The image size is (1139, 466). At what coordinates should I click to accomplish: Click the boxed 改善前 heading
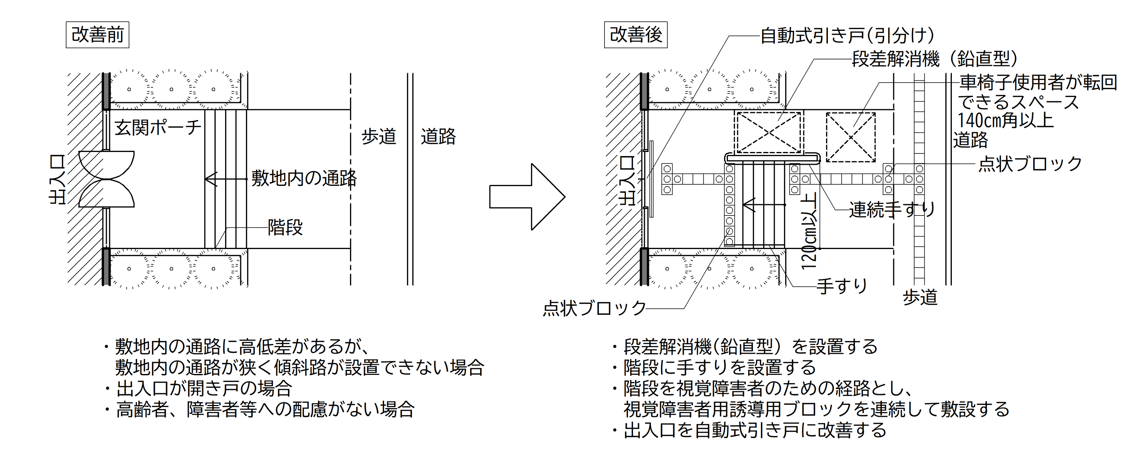coord(97,34)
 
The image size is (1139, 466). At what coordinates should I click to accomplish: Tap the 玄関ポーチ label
coord(158,128)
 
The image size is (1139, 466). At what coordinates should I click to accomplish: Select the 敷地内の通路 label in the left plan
coord(304,178)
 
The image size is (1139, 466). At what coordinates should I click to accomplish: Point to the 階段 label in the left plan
coord(285,227)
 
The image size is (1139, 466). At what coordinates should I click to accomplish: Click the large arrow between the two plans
coord(527,196)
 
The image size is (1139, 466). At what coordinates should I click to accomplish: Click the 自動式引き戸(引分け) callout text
coord(847,35)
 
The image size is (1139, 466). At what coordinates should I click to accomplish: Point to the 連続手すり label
coord(892,209)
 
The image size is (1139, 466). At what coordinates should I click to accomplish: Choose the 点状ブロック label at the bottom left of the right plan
coord(594,308)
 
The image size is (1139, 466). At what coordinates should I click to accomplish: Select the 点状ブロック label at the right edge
coord(1030,164)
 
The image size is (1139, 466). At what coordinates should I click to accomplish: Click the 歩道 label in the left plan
coord(379,137)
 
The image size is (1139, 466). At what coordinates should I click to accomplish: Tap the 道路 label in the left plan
coord(438,137)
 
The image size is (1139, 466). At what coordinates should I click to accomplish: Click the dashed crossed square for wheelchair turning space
coord(851,137)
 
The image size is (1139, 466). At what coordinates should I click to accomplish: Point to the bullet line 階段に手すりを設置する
coord(719,367)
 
